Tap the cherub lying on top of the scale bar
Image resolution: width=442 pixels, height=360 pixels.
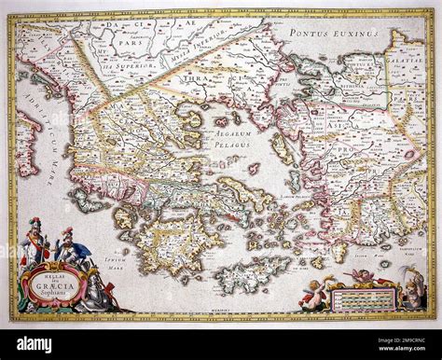tap(359, 277)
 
